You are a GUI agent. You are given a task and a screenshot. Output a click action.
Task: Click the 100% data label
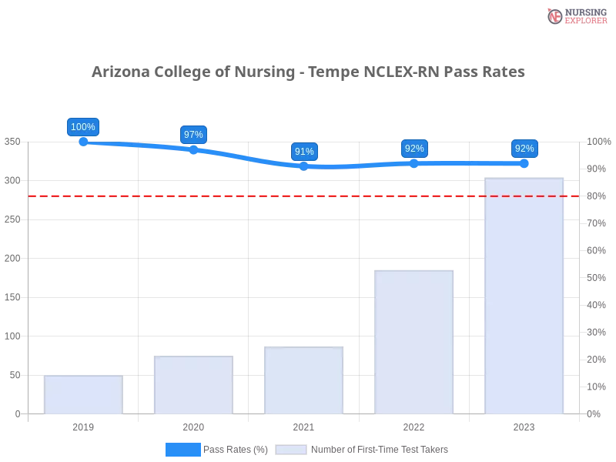coord(82,127)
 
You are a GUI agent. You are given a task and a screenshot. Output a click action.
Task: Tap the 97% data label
coord(193,135)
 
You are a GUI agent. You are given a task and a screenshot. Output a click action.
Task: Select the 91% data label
coord(304,152)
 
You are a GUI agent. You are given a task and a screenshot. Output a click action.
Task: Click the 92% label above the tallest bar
coord(524,149)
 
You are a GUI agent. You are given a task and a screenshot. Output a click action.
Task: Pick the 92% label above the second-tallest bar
coord(414,149)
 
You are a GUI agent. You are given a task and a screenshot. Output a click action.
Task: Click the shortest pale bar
coord(83,393)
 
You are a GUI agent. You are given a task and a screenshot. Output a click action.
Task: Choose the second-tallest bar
coord(413,341)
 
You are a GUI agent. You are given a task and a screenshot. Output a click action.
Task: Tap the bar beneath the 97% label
coord(193,384)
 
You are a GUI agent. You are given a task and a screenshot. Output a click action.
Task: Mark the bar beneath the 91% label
coord(303,381)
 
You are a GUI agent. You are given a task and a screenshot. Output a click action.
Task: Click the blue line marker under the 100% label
coord(82,142)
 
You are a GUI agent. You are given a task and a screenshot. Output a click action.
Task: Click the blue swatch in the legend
coord(182,450)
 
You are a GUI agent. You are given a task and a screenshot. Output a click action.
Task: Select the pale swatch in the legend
coord(291,450)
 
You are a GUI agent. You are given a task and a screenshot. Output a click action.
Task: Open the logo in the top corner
coord(575,15)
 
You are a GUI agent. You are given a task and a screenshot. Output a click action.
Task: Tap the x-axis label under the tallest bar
coord(524,425)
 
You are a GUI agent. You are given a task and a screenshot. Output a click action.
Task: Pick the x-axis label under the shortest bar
coord(82,425)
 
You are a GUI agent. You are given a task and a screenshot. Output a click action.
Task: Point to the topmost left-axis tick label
coord(12,142)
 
